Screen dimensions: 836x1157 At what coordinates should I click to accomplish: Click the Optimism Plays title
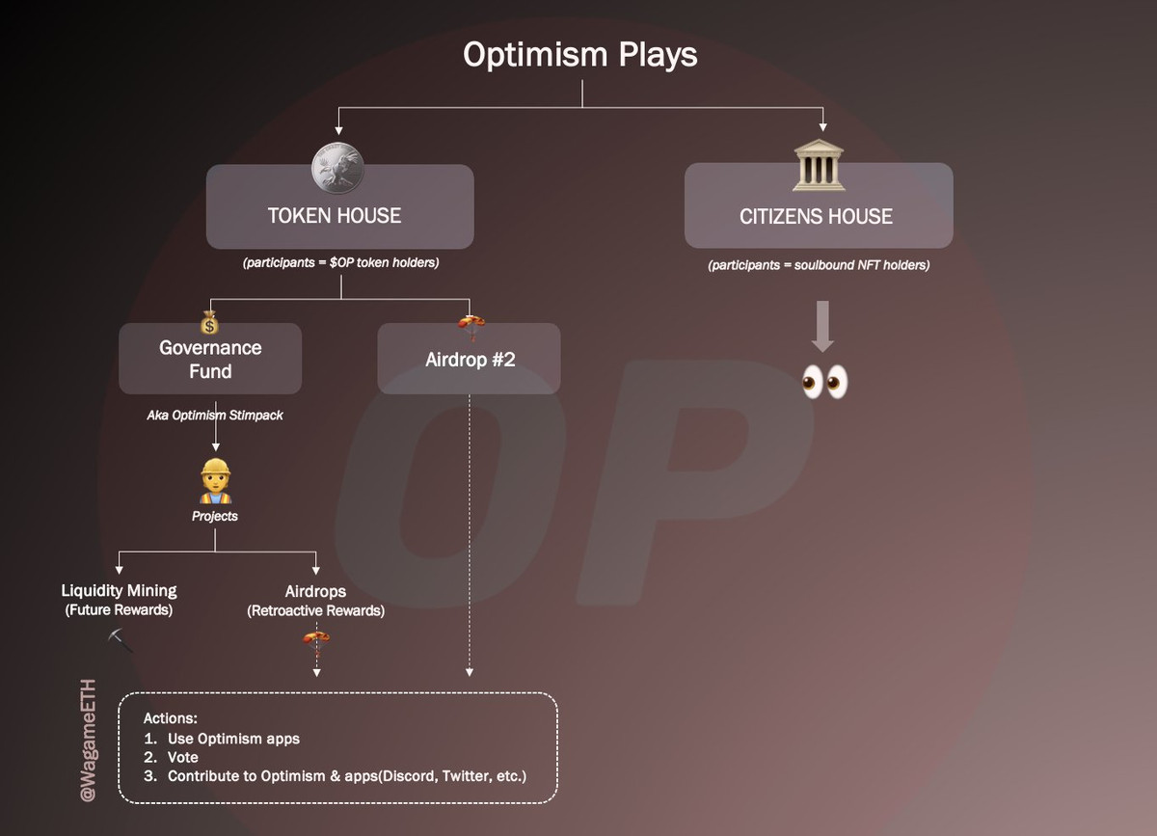point(580,55)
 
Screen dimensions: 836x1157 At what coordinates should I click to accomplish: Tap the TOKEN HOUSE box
point(339,206)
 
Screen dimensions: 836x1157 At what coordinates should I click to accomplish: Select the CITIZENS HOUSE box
point(818,205)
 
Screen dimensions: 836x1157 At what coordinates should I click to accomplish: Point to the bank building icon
point(818,167)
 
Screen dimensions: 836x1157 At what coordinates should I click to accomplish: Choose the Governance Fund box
point(210,359)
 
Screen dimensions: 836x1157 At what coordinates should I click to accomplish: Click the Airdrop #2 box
point(469,359)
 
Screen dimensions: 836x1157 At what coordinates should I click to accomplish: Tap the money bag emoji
point(210,323)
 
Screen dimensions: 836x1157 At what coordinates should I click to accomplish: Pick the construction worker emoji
point(215,482)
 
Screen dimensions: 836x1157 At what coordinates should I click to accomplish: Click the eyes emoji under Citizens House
point(824,383)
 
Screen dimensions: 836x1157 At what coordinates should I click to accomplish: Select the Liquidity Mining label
point(119,591)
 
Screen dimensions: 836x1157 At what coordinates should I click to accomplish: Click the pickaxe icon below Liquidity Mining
point(121,639)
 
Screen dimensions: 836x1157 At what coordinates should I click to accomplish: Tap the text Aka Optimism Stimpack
point(214,416)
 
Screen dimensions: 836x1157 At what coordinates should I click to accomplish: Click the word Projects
point(214,516)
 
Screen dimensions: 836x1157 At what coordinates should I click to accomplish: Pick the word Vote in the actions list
point(183,757)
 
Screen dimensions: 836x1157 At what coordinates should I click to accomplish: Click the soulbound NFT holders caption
point(819,265)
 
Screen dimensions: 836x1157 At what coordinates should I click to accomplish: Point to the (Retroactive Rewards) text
point(315,610)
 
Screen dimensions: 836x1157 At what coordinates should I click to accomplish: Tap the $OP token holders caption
point(339,262)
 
